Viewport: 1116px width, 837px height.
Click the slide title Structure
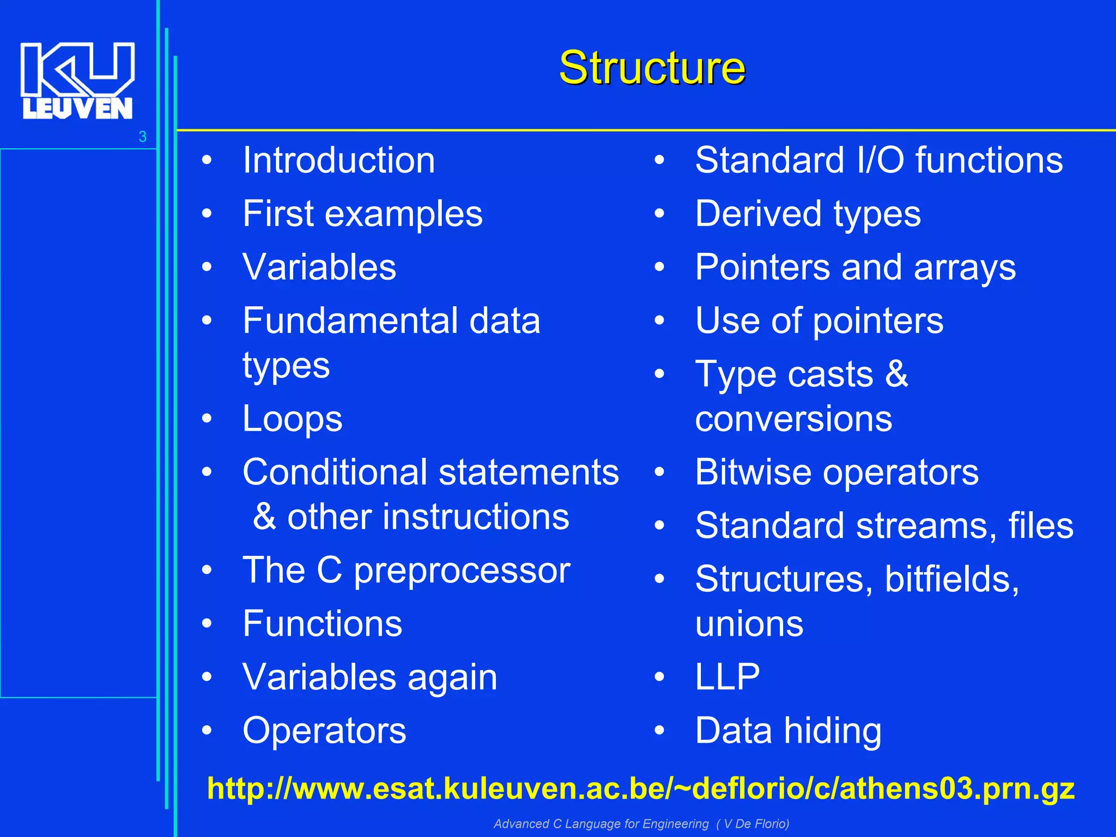pos(652,68)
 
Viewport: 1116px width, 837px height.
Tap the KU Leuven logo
pos(77,81)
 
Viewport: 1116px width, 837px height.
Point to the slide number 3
pos(142,137)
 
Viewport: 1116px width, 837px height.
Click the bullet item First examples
pos(362,214)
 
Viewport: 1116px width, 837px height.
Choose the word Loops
pos(292,418)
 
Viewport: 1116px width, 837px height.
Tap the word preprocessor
pos(462,571)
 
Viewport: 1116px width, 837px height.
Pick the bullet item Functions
pos(322,623)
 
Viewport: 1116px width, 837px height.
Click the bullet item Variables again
pos(369,677)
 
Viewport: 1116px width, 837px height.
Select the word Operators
pos(324,730)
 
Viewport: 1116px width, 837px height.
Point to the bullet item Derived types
pos(808,214)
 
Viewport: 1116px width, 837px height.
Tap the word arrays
pos(965,268)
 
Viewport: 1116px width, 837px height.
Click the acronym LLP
pos(727,677)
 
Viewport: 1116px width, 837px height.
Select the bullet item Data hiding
pos(788,730)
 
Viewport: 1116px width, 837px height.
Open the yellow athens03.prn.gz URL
pos(640,789)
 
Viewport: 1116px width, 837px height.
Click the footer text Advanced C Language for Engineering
pos(601,824)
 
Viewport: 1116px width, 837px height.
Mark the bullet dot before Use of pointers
pos(659,321)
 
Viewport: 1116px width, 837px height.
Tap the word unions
pos(749,623)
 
